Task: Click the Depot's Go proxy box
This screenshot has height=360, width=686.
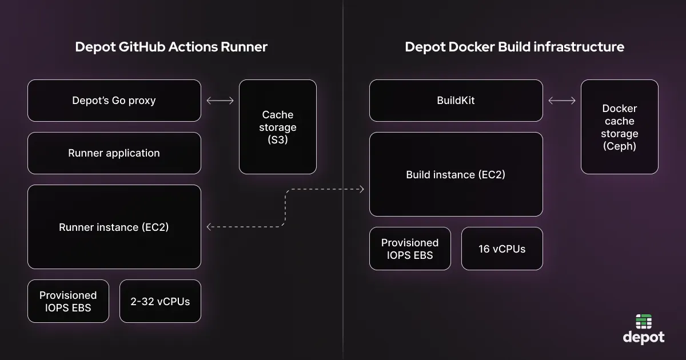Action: click(x=114, y=101)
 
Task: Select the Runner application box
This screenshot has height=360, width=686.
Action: click(x=114, y=153)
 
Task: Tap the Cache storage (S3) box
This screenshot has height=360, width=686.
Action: click(x=278, y=127)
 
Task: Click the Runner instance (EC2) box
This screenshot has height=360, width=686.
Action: click(x=114, y=227)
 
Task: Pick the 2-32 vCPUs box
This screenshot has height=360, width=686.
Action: click(x=160, y=301)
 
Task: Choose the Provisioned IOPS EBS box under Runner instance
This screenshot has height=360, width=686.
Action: click(x=68, y=301)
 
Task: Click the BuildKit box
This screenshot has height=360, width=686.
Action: click(x=456, y=101)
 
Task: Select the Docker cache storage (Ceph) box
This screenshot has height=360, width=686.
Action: click(x=620, y=127)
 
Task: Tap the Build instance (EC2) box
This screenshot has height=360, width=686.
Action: click(x=456, y=174)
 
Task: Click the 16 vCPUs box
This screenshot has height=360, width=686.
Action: click(x=502, y=249)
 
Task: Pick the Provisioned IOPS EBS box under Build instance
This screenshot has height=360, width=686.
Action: click(x=410, y=249)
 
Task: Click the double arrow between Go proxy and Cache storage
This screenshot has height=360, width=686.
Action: click(x=220, y=101)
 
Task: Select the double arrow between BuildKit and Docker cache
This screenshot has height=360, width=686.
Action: click(x=562, y=101)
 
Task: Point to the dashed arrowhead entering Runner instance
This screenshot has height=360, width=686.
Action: click(x=209, y=227)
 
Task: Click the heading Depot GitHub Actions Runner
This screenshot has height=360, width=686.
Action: click(x=171, y=47)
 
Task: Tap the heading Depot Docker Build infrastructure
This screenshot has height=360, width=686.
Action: click(x=514, y=47)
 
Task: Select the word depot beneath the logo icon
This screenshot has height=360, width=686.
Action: click(x=644, y=338)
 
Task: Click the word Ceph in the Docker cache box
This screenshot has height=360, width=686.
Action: click(x=620, y=146)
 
